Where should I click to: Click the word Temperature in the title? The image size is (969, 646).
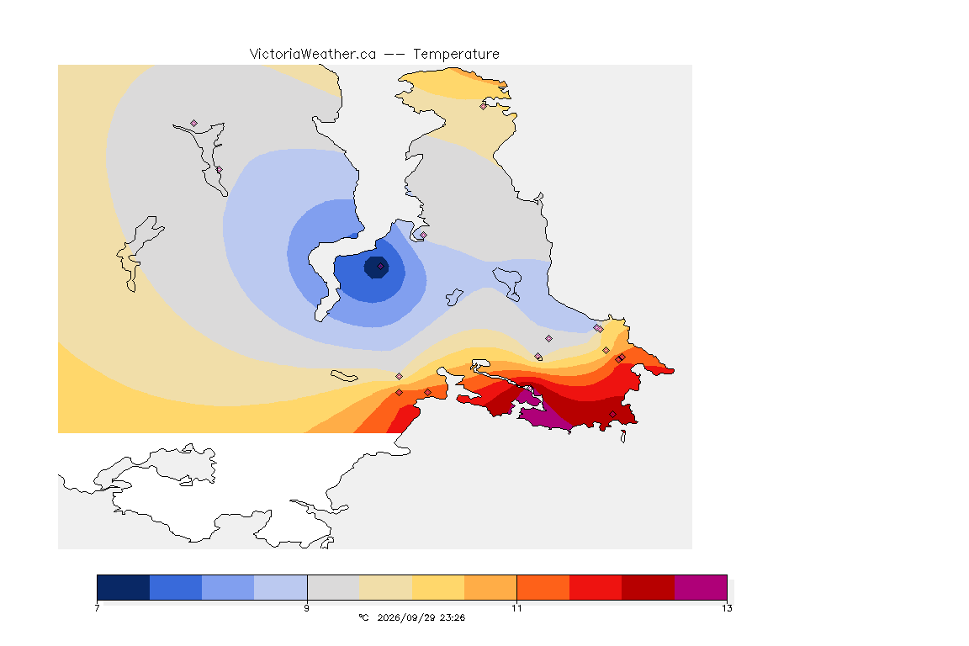(456, 55)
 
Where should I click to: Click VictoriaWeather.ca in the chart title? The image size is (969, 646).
(313, 55)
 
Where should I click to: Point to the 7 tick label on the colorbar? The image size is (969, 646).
(97, 608)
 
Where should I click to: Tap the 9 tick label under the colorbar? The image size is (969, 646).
(306, 608)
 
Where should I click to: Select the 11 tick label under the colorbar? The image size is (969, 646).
(516, 608)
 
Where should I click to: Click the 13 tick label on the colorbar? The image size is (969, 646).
(727, 608)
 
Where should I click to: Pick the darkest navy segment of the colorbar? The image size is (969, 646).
(123, 587)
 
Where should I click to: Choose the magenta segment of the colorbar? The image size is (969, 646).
(701, 587)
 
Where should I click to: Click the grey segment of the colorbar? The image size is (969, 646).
(333, 587)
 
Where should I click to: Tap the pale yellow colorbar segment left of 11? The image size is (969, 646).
(438, 587)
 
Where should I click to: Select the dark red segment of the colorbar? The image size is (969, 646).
(649, 587)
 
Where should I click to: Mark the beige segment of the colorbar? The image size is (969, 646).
(385, 587)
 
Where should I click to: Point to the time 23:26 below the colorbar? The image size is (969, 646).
(453, 617)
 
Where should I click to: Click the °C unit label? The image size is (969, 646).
(363, 617)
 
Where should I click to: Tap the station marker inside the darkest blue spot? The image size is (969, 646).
(381, 267)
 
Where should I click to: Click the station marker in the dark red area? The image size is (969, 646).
(612, 414)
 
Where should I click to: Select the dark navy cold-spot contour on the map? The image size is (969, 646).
(376, 267)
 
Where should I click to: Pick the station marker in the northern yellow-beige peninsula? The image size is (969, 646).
(484, 106)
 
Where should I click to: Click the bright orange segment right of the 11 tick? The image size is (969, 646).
(543, 587)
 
